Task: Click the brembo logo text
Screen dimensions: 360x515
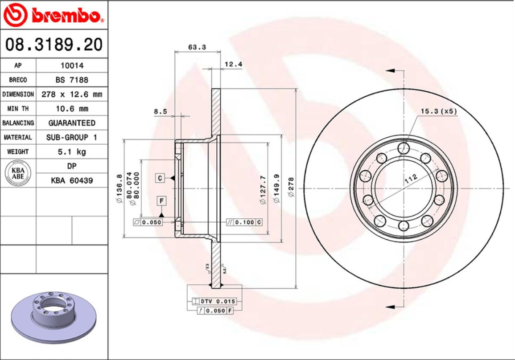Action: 67,16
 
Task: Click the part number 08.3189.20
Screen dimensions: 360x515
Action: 54,45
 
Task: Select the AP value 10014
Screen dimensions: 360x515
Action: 72,65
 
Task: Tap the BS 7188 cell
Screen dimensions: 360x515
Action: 72,80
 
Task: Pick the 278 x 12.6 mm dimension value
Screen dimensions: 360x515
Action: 72,94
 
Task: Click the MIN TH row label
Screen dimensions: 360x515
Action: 18,109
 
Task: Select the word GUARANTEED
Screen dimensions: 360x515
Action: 72,123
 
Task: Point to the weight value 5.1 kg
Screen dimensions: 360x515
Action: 72,152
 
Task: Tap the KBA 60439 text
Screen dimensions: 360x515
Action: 72,180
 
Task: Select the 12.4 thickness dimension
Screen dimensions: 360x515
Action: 233,64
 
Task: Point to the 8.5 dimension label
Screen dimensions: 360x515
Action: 161,111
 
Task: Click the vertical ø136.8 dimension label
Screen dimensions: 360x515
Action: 119,189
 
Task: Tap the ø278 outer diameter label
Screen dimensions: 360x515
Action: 291,187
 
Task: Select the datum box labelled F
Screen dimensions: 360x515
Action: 161,201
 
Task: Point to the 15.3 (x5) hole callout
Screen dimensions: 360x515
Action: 439,111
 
